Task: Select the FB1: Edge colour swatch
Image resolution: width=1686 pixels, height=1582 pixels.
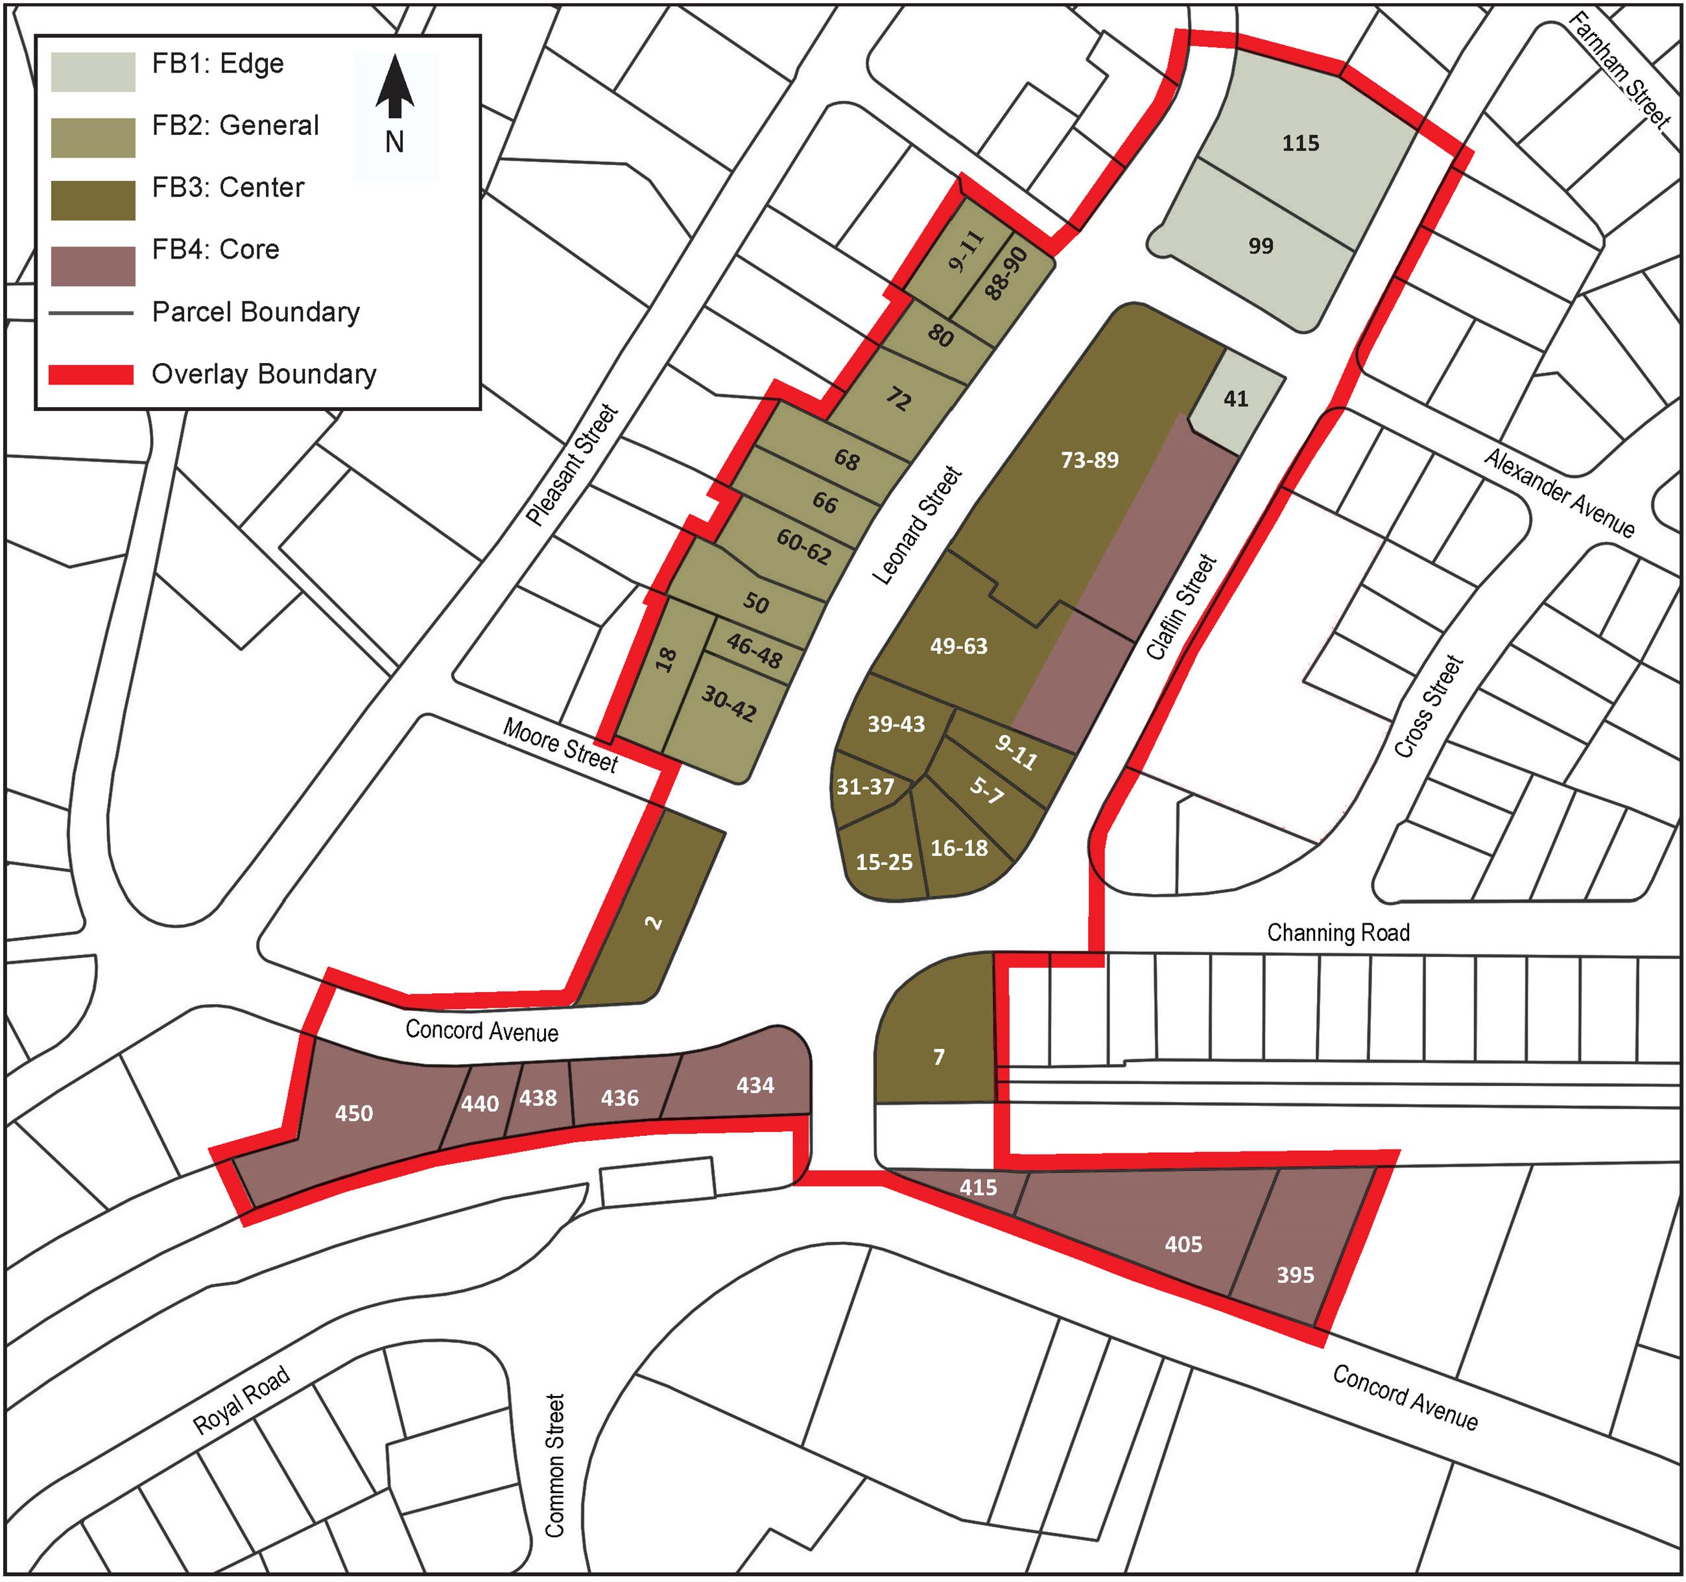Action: (93, 71)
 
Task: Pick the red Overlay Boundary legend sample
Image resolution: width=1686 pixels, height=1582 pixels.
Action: (91, 375)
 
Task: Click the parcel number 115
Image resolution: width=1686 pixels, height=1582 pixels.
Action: (1300, 143)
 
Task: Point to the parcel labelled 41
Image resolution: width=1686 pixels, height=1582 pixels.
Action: (1236, 399)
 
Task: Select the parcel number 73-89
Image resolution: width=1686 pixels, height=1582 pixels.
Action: (1089, 460)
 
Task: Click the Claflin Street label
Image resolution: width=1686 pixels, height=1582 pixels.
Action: (1181, 606)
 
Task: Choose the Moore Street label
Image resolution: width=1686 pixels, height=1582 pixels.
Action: (560, 744)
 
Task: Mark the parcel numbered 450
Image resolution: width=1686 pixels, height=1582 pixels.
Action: (353, 1113)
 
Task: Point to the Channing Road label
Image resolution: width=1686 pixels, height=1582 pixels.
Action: (1338, 932)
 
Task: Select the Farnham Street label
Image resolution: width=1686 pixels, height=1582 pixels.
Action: (1618, 69)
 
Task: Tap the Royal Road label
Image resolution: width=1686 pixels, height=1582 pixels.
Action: (242, 1400)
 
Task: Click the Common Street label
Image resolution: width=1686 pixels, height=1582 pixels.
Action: (554, 1466)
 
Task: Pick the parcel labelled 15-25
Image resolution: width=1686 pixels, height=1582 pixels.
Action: (884, 862)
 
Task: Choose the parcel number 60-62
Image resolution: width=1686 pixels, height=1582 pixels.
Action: (803, 546)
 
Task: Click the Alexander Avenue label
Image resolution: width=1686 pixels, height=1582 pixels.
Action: (1559, 493)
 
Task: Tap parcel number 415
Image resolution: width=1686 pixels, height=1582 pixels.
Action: (978, 1188)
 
